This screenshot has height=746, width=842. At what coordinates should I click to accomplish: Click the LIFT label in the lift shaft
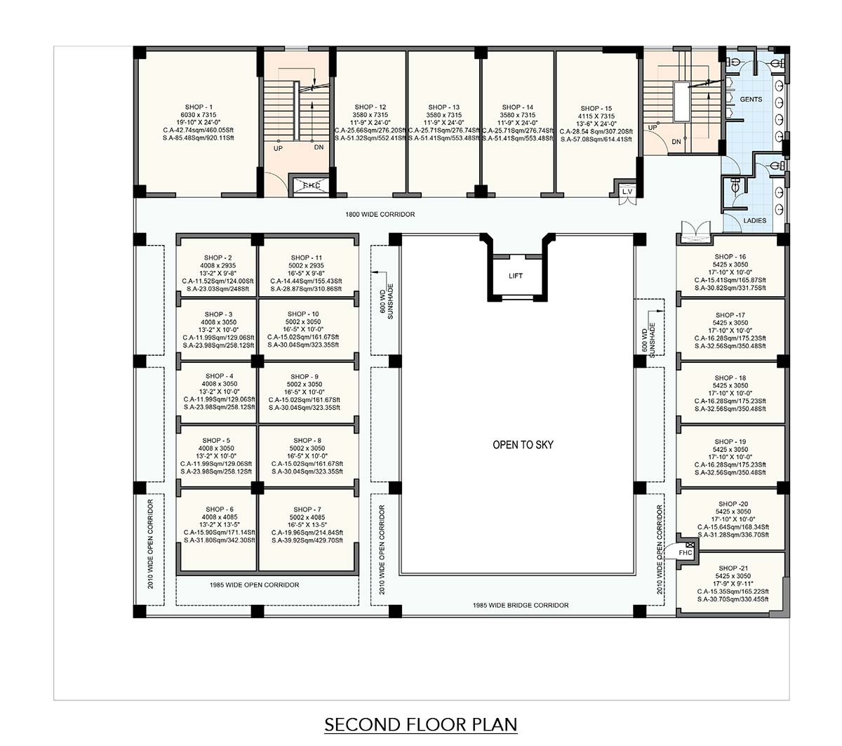point(515,276)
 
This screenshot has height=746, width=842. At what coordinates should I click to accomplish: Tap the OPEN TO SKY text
point(523,445)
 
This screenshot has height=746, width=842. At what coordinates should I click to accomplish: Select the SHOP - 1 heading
point(199,107)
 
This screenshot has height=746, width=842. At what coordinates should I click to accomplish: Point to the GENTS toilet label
point(751,100)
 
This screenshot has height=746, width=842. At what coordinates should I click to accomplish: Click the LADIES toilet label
point(755,220)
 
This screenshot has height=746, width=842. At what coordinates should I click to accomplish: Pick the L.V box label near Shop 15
point(627,192)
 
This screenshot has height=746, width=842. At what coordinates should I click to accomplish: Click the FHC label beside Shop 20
point(686,553)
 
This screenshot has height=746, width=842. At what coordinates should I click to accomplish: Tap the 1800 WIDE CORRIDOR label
point(380,215)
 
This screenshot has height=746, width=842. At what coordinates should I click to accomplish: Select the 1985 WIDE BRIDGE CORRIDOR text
point(521,605)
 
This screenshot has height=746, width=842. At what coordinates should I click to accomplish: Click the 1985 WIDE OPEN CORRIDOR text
point(254,585)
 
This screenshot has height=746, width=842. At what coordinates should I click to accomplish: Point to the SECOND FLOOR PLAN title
point(420,724)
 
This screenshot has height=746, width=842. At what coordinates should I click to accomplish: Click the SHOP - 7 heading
point(307,509)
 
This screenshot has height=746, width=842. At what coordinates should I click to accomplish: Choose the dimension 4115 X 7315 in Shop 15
point(596,116)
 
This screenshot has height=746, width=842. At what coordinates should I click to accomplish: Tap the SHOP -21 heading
point(733,568)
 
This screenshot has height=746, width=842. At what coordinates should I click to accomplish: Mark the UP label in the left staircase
point(278,148)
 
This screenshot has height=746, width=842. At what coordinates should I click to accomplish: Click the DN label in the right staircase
point(676,142)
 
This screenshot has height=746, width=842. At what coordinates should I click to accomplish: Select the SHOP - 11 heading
point(307,258)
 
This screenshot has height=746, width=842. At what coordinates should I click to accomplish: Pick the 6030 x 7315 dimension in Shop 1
point(199,114)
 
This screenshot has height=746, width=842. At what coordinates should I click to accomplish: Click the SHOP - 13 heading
point(444,107)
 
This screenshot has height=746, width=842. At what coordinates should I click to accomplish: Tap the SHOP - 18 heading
point(730,378)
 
